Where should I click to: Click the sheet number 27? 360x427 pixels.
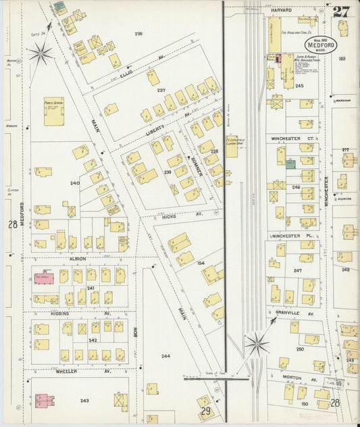coord(340,11)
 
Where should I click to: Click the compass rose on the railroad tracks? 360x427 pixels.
coord(257,345)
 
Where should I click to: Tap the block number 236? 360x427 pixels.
coord(138,34)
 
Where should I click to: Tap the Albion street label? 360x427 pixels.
coord(77,258)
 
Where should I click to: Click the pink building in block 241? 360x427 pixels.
coord(45,278)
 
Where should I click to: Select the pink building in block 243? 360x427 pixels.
coord(42,400)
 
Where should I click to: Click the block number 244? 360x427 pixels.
coord(165,355)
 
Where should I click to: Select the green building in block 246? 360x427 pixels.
coord(290,164)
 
